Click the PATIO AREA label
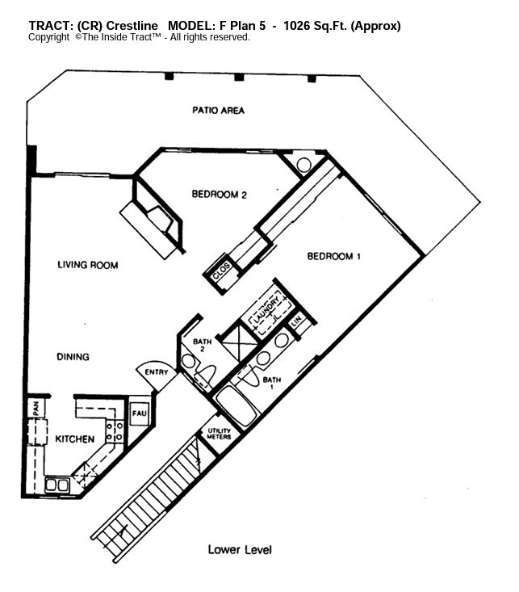[x=218, y=110]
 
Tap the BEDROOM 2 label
[x=219, y=194]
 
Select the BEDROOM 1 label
[x=333, y=256]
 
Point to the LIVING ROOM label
[x=88, y=265]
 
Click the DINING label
[x=73, y=357]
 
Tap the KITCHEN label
[x=74, y=439]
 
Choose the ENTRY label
[x=156, y=372]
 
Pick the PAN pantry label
[x=36, y=409]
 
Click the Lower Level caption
[x=240, y=550]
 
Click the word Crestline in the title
[x=133, y=26]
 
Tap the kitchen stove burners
[x=115, y=430]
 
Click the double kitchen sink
[x=57, y=485]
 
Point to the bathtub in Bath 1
[x=236, y=405]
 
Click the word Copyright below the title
[x=49, y=37]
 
